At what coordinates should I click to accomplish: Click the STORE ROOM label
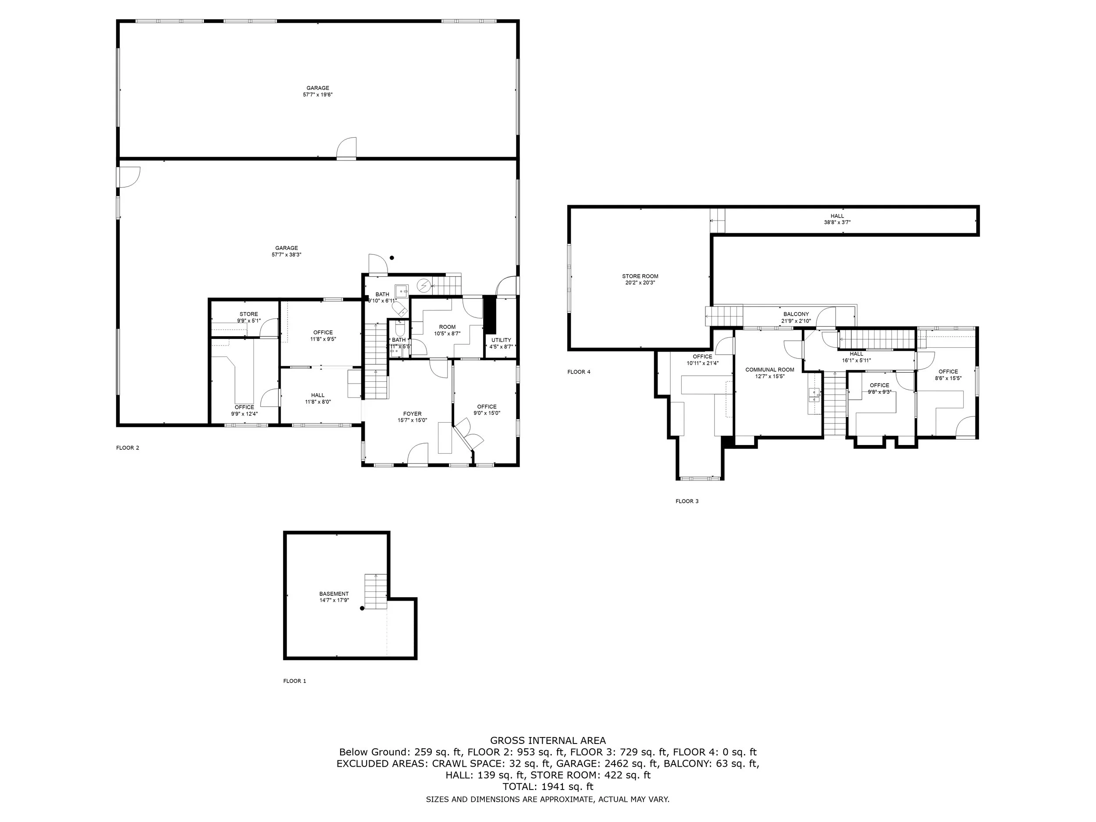coord(640,277)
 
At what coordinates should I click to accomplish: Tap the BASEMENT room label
coord(334,594)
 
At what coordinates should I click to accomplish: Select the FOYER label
coord(412,414)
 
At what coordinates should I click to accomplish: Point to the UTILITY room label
coord(501,340)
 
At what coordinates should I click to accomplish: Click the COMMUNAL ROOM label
coord(769,370)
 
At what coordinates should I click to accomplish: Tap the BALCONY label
coord(796,314)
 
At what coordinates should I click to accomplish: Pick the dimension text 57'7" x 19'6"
coord(317,95)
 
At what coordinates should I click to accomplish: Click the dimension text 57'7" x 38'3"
coord(286,255)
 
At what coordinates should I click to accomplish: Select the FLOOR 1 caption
coord(295,681)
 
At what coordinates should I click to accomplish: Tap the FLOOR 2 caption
coord(128,448)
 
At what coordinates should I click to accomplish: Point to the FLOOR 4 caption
coord(579,372)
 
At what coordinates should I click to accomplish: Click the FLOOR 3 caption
coord(687,502)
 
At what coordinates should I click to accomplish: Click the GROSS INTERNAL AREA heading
coord(548,741)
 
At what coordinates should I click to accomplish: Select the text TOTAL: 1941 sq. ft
coord(548,787)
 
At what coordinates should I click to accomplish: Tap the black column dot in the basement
coord(362,608)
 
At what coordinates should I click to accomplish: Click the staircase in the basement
coord(376,591)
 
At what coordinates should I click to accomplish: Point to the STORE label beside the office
coord(249,314)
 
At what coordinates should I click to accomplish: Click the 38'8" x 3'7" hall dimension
coord(837,222)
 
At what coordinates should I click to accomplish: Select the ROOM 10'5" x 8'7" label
coord(448,331)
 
